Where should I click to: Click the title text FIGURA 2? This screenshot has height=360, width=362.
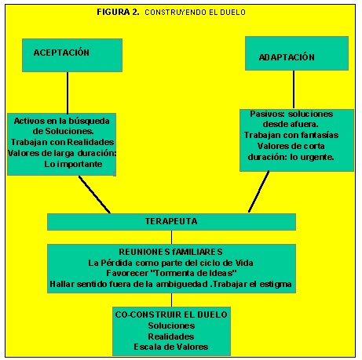click(118, 12)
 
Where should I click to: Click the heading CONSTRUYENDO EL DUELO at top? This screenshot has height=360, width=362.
click(195, 13)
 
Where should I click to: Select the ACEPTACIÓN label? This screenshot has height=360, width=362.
click(61, 53)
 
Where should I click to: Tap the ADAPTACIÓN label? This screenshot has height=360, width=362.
click(287, 57)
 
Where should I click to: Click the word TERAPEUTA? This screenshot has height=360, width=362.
click(171, 221)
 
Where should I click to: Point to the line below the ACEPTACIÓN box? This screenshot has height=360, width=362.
click(68, 93)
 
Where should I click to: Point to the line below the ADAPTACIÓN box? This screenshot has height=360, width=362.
click(294, 89)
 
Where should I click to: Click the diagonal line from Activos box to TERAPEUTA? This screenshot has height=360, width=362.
click(94, 195)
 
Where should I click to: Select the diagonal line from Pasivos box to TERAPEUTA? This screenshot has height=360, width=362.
click(258, 191)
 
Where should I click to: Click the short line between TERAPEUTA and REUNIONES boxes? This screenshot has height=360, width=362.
click(172, 238)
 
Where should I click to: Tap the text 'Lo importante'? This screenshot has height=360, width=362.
click(73, 164)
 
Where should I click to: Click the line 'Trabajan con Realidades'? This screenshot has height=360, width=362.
click(62, 142)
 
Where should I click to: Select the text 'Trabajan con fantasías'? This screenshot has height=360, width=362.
click(291, 135)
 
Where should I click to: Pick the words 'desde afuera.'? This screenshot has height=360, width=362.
click(291, 124)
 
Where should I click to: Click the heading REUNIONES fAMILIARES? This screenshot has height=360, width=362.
click(170, 252)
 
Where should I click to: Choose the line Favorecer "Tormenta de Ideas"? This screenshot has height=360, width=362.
click(171, 273)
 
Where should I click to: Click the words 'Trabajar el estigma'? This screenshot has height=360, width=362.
click(252, 284)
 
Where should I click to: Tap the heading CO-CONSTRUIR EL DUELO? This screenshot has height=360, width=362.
click(171, 315)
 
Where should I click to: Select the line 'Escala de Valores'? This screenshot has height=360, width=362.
click(171, 347)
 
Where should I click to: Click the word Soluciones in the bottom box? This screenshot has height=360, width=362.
click(171, 325)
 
